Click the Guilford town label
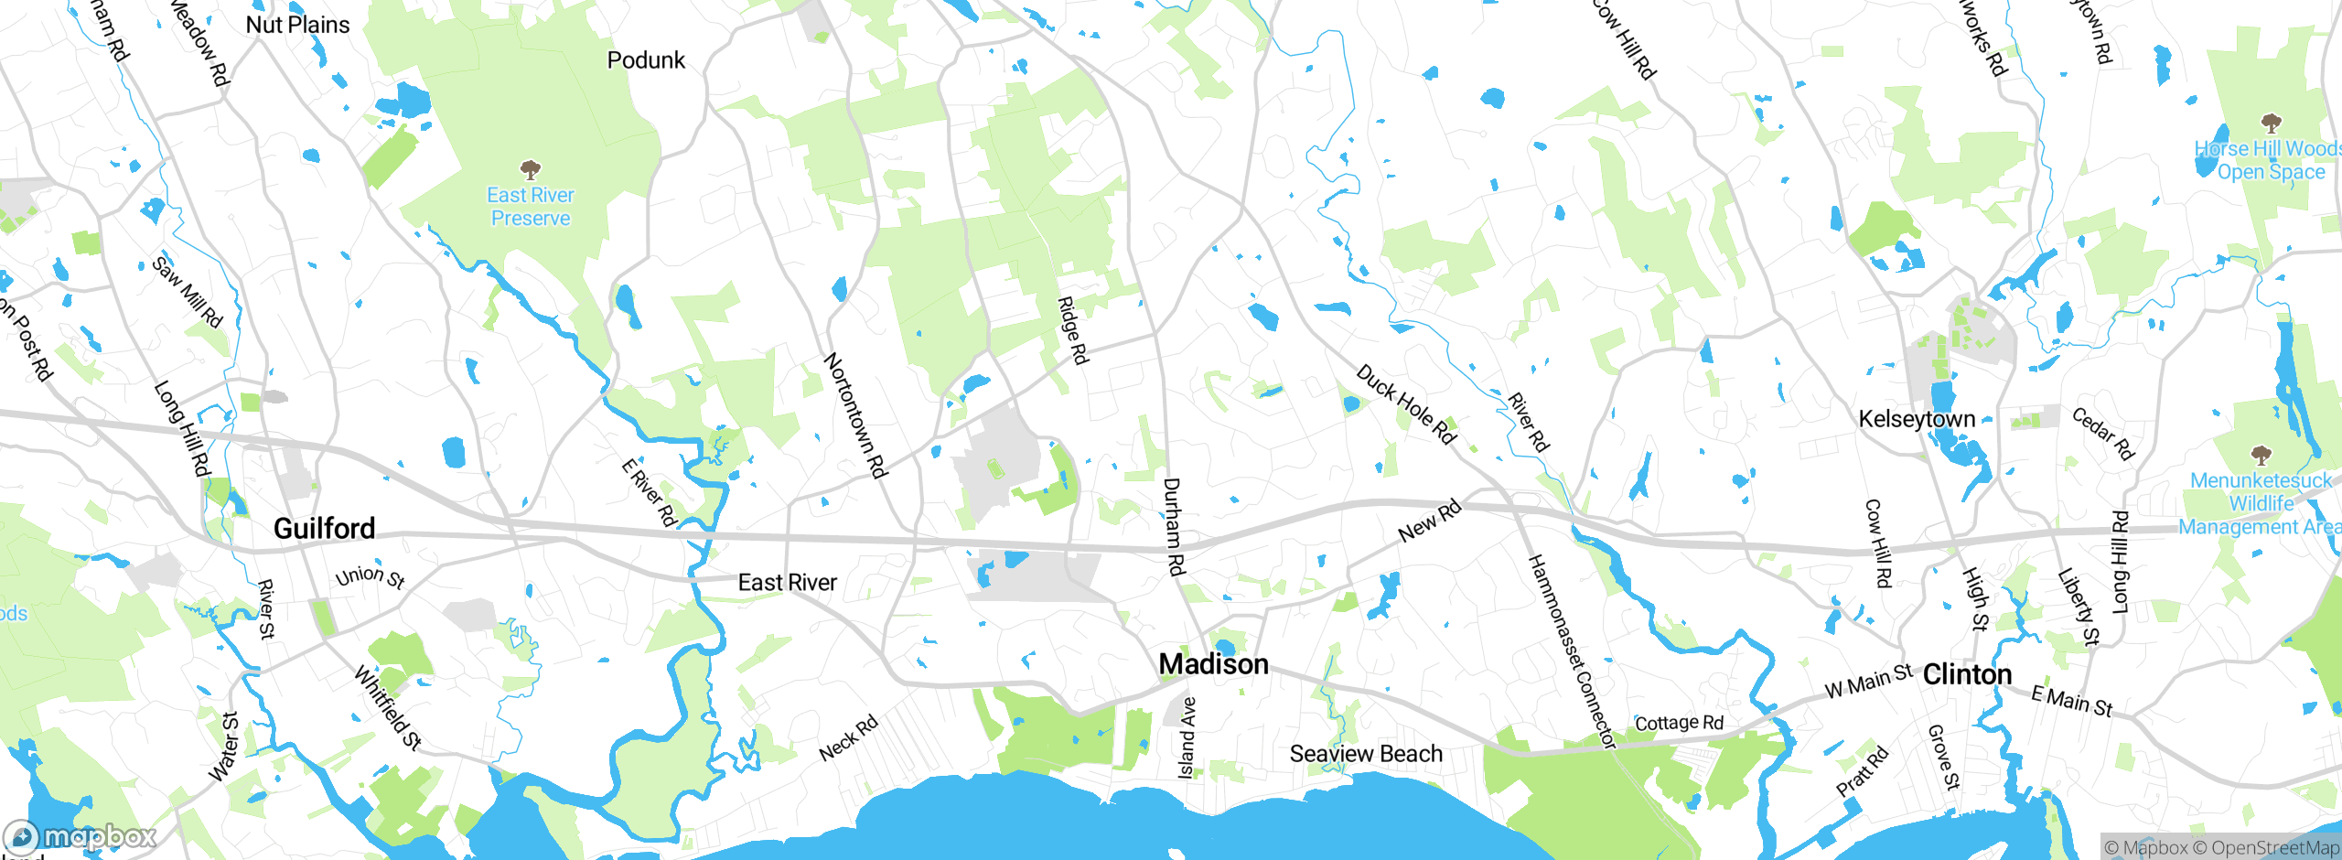[324, 529]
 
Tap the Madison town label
[1213, 664]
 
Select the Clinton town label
[1967, 675]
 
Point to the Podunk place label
[646, 60]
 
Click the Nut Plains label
[297, 25]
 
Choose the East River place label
[787, 583]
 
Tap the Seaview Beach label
[1365, 754]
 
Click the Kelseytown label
[1917, 419]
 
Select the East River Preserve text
[531, 207]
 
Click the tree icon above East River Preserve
[530, 169]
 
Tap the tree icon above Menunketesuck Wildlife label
[2261, 455]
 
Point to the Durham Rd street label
[1174, 526]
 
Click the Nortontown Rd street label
[855, 415]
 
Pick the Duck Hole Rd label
[1405, 404]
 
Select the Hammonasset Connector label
[1571, 651]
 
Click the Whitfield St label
[388, 708]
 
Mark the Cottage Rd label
[1679, 723]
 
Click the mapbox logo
[81, 836]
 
